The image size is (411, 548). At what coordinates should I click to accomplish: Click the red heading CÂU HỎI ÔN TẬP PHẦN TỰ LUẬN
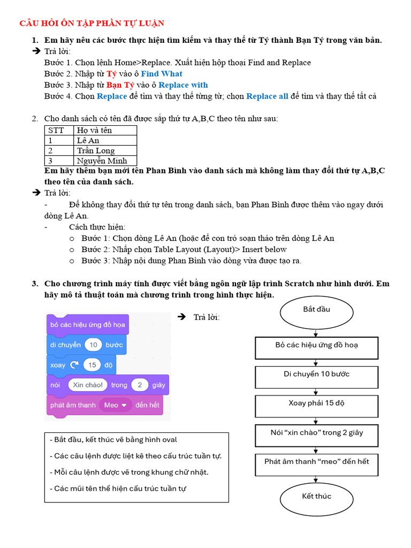click(x=92, y=23)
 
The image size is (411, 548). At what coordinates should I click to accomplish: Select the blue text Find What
click(x=162, y=74)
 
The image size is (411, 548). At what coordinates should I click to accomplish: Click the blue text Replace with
click(x=183, y=85)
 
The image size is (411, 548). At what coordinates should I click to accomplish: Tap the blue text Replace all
click(x=267, y=96)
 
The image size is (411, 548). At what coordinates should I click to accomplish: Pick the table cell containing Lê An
click(x=106, y=140)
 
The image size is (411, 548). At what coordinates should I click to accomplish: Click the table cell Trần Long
click(x=106, y=150)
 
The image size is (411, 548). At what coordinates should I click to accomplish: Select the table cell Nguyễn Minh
click(x=106, y=161)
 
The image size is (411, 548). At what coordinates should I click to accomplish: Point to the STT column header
click(x=58, y=130)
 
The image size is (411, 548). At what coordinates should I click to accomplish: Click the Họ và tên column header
click(x=106, y=130)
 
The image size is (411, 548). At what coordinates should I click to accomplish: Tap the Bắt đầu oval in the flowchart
click(x=316, y=310)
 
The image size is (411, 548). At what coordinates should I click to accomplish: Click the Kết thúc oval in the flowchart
click(x=316, y=497)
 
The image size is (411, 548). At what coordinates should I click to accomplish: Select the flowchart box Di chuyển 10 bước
click(x=316, y=375)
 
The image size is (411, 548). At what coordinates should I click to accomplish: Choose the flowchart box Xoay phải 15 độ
click(x=316, y=404)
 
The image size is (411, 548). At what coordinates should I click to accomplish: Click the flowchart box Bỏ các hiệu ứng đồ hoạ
click(x=316, y=345)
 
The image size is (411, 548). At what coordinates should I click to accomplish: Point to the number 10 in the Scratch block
click(x=93, y=345)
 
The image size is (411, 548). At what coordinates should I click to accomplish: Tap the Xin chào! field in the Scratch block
click(x=88, y=385)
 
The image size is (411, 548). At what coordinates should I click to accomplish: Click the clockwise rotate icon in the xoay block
click(x=74, y=365)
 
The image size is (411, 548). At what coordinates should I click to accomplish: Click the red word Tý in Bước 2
click(x=111, y=74)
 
